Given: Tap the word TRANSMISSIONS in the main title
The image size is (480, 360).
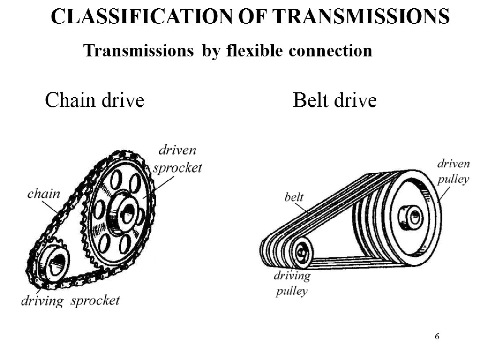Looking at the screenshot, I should pos(360,17).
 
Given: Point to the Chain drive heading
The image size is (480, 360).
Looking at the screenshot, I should pos(94,100).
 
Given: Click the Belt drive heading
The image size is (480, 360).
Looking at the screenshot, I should pos(335,100).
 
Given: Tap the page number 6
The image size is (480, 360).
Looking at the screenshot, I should pos(437,337).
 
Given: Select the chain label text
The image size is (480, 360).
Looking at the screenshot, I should pos(44,193).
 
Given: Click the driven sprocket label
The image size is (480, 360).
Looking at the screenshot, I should pos(177,159).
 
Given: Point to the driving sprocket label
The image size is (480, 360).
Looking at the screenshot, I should pos(70,300).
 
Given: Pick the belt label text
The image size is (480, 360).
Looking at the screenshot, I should pos(294,197).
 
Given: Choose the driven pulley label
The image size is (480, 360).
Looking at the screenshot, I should pos(453,172).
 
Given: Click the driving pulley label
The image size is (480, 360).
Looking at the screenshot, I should pos(292,283).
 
